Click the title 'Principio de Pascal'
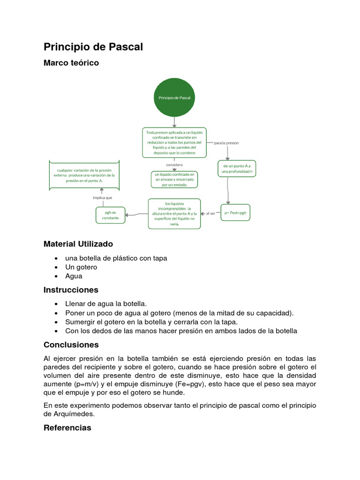93,47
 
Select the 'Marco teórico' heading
71,63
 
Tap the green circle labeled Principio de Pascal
174,97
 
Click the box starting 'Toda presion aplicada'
174,142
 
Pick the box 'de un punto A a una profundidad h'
237,169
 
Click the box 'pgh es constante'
111,215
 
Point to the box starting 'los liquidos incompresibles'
174,214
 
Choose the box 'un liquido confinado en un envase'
174,180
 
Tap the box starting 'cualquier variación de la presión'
84,175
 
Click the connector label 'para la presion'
226,142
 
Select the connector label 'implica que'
102,198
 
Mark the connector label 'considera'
174,165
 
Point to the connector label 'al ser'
210,213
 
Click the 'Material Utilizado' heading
78,244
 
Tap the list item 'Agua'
74,276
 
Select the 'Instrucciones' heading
71,290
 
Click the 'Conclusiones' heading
71,345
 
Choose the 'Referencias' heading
67,428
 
